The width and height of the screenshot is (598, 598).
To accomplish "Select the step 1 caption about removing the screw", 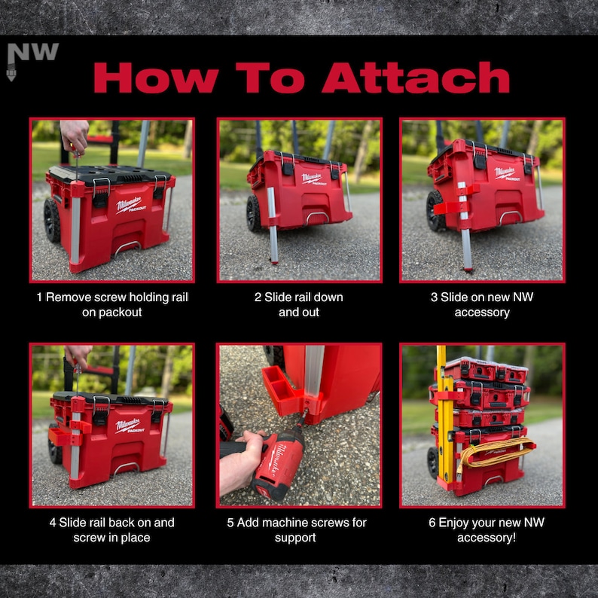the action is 112,305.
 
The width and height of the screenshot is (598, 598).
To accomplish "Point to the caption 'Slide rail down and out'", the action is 299,305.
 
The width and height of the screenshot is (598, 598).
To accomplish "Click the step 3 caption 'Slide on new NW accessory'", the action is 482,305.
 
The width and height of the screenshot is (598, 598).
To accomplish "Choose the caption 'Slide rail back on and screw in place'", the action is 111,529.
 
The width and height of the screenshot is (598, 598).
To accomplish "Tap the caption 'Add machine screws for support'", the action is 297,529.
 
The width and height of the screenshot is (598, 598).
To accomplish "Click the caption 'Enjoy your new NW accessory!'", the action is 487,529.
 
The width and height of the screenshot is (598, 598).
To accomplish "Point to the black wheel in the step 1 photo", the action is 52,221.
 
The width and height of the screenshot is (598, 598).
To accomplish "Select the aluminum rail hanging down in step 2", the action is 273,225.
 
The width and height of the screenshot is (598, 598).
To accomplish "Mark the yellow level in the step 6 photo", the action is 444,416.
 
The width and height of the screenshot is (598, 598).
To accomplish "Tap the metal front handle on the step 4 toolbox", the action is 125,468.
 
